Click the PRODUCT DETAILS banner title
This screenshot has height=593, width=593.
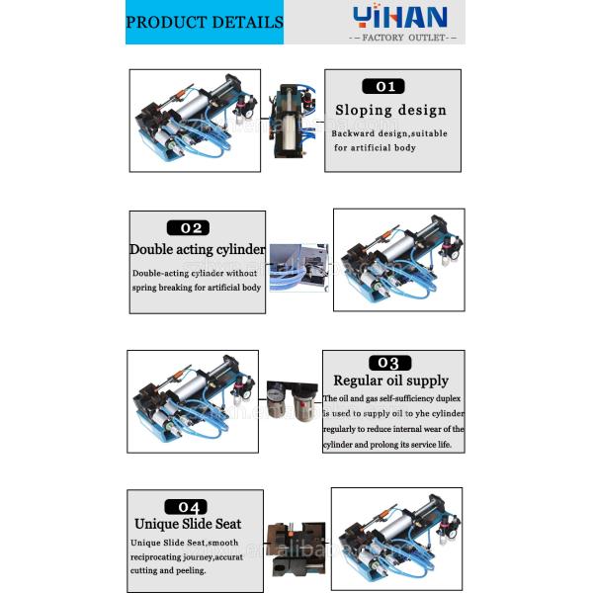pyautogui.click(x=205, y=23)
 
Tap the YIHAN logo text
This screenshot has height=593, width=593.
pyautogui.click(x=400, y=17)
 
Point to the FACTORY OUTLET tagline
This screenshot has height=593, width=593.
pyautogui.click(x=403, y=38)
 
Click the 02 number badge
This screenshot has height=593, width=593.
pyautogui.click(x=196, y=227)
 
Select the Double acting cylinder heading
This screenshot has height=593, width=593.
pyautogui.click(x=198, y=250)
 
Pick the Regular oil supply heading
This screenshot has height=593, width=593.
pyautogui.click(x=390, y=381)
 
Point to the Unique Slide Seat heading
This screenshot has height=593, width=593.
pyautogui.click(x=188, y=524)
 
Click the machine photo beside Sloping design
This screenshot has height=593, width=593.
pyautogui.click(x=196, y=121)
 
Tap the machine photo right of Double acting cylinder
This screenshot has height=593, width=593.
pyautogui.click(x=398, y=260)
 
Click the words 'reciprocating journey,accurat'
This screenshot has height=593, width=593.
pyautogui.click(x=187, y=556)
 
